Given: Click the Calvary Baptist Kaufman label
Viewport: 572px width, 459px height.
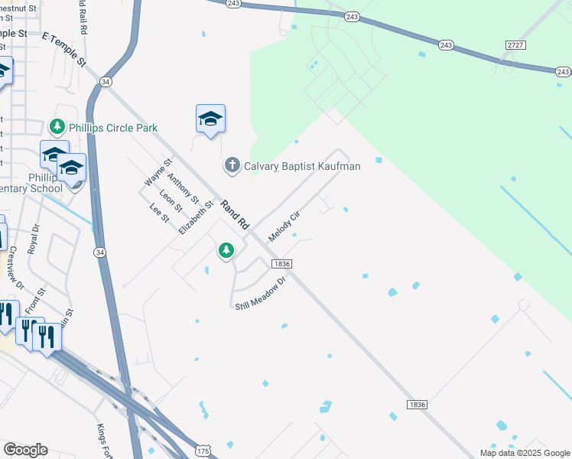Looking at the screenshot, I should (302, 165).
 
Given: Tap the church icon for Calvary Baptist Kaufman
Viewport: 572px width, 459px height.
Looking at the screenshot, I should (232, 165).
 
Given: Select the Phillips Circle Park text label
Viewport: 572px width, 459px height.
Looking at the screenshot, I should (113, 127).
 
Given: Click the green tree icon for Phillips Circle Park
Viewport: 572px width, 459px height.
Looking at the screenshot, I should (57, 126).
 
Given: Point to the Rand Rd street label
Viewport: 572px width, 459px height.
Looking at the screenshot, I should (236, 216).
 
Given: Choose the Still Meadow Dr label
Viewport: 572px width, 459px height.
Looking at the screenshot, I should (259, 293).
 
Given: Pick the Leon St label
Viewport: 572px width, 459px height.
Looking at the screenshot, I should (171, 201).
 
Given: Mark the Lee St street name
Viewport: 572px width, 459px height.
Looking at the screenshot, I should (159, 213).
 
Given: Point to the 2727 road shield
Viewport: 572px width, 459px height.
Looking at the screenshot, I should (515, 46).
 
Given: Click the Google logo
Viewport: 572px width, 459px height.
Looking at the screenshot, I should (25, 450).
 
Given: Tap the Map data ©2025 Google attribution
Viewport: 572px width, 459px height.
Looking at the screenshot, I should (524, 453).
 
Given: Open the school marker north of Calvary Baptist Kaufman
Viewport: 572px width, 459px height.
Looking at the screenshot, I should (210, 119).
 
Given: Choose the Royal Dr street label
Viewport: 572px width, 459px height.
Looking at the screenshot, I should (33, 239).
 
